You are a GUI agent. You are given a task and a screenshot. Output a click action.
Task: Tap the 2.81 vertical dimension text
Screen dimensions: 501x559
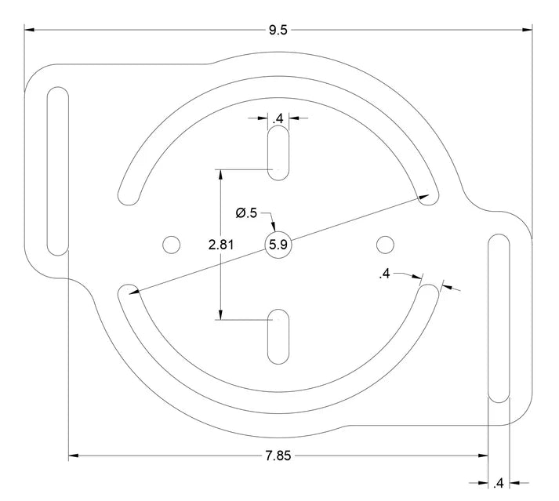221,245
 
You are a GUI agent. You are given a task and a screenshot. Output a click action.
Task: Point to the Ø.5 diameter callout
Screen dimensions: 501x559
246,212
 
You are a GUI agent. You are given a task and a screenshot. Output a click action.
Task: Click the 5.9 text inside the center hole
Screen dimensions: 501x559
279,245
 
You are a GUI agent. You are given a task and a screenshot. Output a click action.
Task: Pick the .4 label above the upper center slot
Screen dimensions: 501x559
278,119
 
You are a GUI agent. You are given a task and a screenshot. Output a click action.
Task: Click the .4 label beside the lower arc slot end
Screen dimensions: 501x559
384,274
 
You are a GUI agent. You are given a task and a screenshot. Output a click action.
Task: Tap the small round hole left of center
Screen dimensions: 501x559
170,245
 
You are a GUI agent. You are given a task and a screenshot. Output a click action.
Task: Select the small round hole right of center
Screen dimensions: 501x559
384,245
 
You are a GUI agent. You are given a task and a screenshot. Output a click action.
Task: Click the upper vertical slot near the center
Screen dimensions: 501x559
278,154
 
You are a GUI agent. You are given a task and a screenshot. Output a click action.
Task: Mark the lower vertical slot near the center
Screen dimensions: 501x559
278,337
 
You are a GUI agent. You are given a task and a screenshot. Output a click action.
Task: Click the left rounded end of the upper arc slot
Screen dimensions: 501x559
125,193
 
